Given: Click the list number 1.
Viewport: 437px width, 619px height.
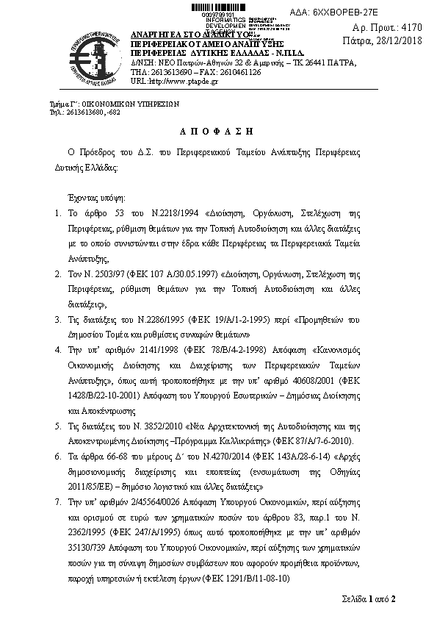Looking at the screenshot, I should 59,214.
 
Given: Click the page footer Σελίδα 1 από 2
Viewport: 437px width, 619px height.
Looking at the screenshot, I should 369,598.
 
